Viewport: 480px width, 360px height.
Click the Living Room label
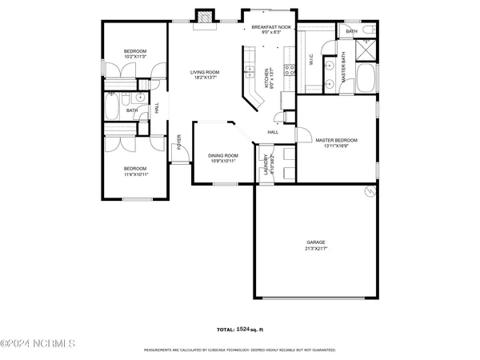coord(205,73)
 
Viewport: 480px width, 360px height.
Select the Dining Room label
coord(223,155)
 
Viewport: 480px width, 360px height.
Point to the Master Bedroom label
coord(336,140)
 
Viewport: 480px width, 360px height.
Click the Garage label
coord(316,242)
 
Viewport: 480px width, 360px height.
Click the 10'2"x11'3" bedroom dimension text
coord(134,57)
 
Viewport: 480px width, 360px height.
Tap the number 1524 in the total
coord(246,330)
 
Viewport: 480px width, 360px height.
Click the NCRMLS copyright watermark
coord(38,344)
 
